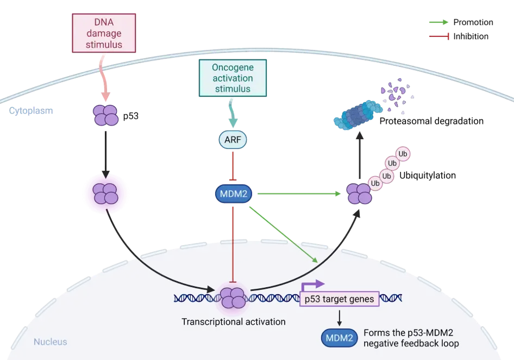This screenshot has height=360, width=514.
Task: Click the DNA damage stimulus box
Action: click(103, 33)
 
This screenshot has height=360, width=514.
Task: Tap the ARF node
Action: click(233, 140)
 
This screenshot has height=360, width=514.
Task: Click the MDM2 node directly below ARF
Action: click(233, 194)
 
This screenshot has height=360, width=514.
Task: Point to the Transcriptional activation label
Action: click(233, 321)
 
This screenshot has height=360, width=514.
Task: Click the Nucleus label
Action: click(51, 342)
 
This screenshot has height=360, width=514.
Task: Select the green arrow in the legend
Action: click(438, 22)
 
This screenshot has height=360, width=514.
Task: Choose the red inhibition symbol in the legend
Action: click(438, 36)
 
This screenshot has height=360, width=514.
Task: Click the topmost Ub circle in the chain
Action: click(403, 154)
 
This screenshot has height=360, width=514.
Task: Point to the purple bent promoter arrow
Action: click(312, 284)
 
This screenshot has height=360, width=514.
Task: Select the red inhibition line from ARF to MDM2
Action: click(233, 165)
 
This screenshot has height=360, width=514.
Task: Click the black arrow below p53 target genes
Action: click(339, 317)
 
